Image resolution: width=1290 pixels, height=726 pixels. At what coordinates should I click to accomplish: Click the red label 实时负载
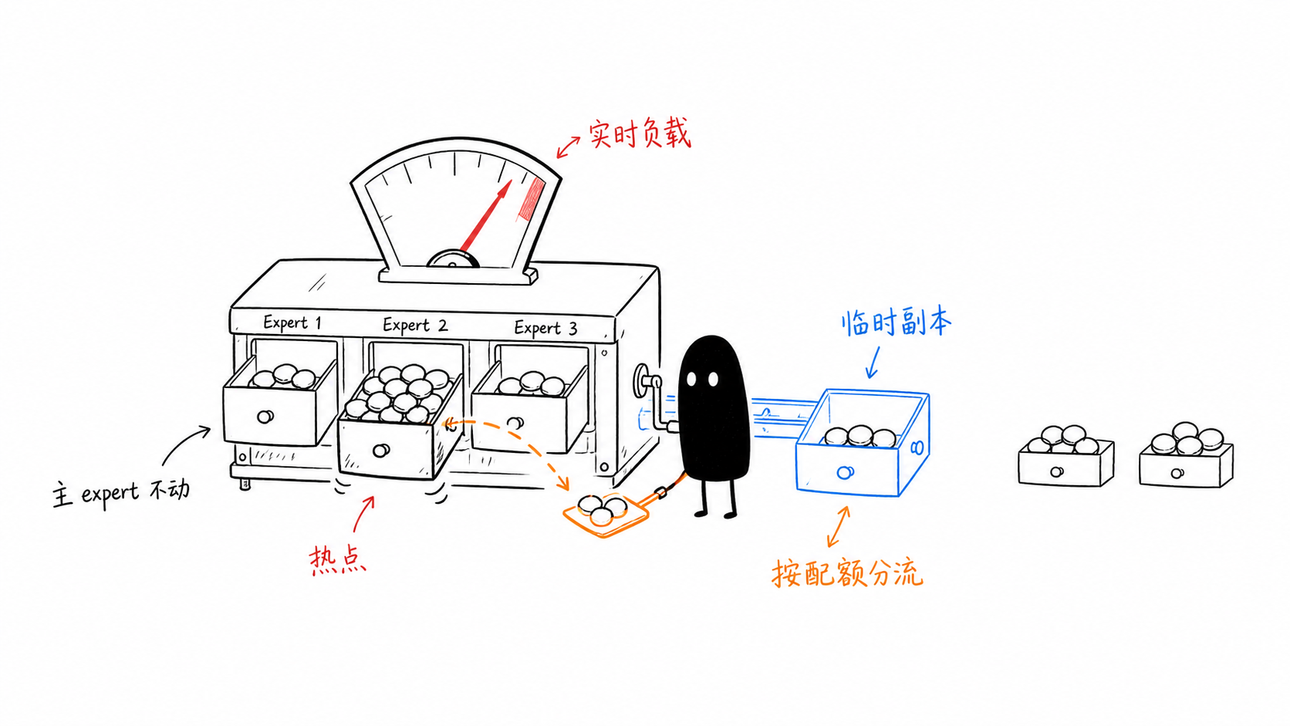[640, 134]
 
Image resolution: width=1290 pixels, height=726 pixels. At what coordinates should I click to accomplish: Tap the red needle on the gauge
[487, 217]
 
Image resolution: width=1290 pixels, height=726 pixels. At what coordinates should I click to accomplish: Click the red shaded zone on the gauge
[532, 198]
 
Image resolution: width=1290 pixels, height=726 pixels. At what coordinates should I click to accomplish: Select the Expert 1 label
[292, 322]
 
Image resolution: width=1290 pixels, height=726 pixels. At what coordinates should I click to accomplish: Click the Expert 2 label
[414, 326]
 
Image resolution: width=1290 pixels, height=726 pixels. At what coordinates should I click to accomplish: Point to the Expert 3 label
[545, 328]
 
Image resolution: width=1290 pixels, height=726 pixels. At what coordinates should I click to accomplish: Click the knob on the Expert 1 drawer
[265, 417]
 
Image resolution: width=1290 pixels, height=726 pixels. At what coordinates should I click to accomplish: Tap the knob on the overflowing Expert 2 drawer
[380, 451]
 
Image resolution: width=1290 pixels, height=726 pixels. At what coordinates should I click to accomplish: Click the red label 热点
[338, 559]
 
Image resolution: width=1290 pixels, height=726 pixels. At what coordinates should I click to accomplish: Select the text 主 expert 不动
[121, 494]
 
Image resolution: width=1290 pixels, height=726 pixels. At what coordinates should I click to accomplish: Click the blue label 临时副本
[896, 322]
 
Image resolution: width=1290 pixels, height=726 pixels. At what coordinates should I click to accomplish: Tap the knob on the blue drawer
[845, 473]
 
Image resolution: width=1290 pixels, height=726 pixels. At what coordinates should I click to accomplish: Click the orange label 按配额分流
[847, 572]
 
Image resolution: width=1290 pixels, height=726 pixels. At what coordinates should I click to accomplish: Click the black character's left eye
[691, 379]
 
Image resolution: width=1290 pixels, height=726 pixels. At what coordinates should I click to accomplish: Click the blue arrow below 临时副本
[874, 362]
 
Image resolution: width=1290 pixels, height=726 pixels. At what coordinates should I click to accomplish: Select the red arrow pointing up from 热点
[363, 514]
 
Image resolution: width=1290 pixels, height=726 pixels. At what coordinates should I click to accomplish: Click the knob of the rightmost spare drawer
[1177, 473]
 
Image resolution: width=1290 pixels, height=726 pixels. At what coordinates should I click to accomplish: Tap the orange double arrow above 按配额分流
[838, 526]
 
